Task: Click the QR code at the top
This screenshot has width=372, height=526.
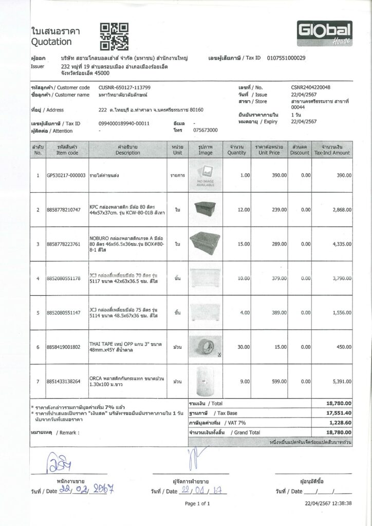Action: [x=114, y=36]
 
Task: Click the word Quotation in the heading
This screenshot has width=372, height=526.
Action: [x=51, y=42]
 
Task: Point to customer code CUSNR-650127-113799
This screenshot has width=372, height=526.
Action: [x=125, y=88]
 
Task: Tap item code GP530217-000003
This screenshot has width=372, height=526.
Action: [x=66, y=176]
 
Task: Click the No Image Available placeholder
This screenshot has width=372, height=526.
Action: [x=205, y=176]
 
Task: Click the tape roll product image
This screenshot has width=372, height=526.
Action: [x=205, y=347]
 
